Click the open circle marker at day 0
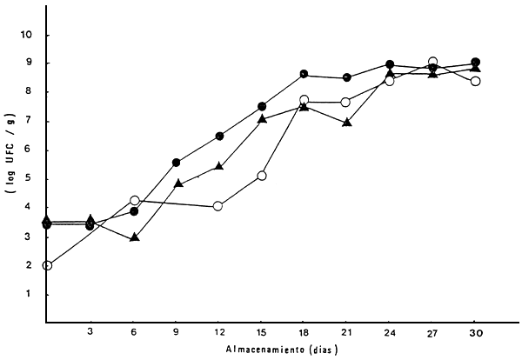pyautogui.click(x=47, y=265)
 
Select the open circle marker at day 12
pyautogui.click(x=218, y=206)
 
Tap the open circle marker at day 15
pyautogui.click(x=261, y=176)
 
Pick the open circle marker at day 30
pyautogui.click(x=476, y=81)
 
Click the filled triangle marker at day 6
pyautogui.click(x=135, y=236)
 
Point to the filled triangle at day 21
pyautogui.click(x=347, y=123)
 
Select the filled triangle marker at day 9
pyautogui.click(x=177, y=183)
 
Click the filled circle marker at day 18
pyautogui.click(x=304, y=74)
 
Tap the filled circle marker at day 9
pyautogui.click(x=177, y=163)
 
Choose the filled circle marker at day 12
pyautogui.click(x=219, y=136)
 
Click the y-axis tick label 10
pyautogui.click(x=28, y=36)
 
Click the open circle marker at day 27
pyautogui.click(x=433, y=63)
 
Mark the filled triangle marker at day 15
pyautogui.click(x=262, y=118)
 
